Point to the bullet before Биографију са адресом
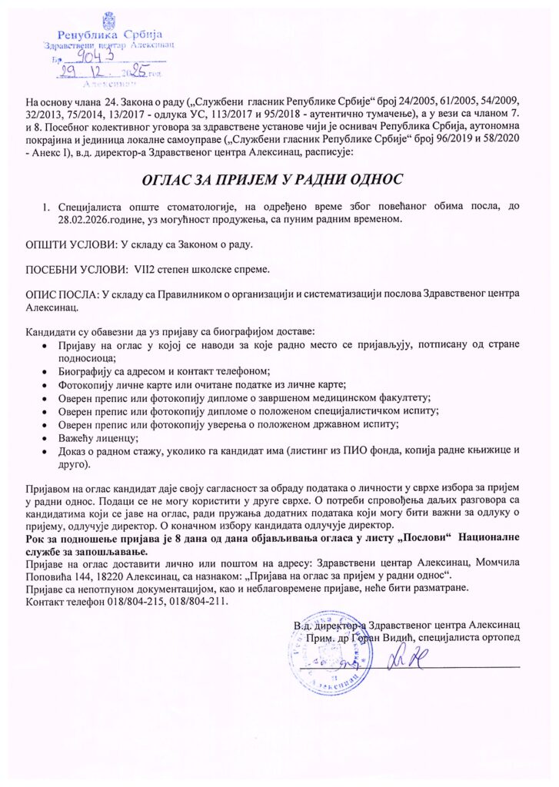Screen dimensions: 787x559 click(x=50, y=370)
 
